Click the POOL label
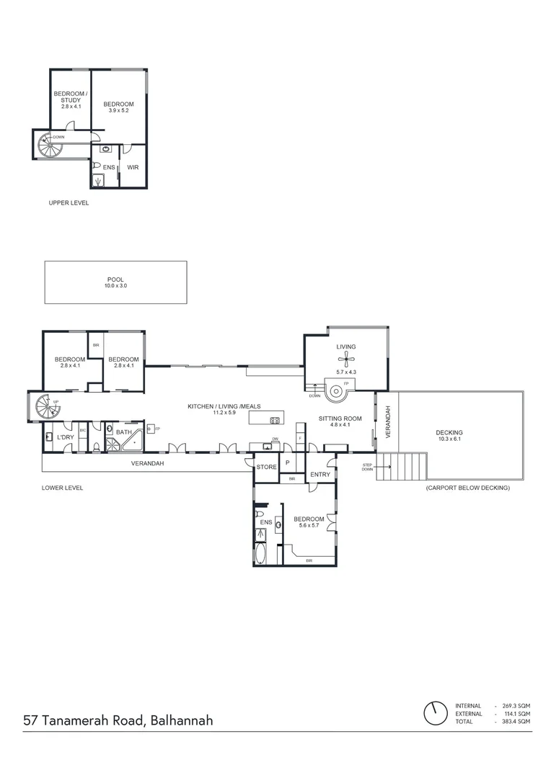(x=115, y=280)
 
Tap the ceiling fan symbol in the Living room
(x=347, y=359)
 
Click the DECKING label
(x=449, y=433)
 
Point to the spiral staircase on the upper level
(x=51, y=144)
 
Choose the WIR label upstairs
(x=133, y=168)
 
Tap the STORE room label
(x=266, y=468)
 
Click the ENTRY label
(x=319, y=475)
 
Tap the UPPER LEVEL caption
(x=69, y=204)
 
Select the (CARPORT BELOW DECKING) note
(x=467, y=488)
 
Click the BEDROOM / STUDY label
(x=71, y=97)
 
